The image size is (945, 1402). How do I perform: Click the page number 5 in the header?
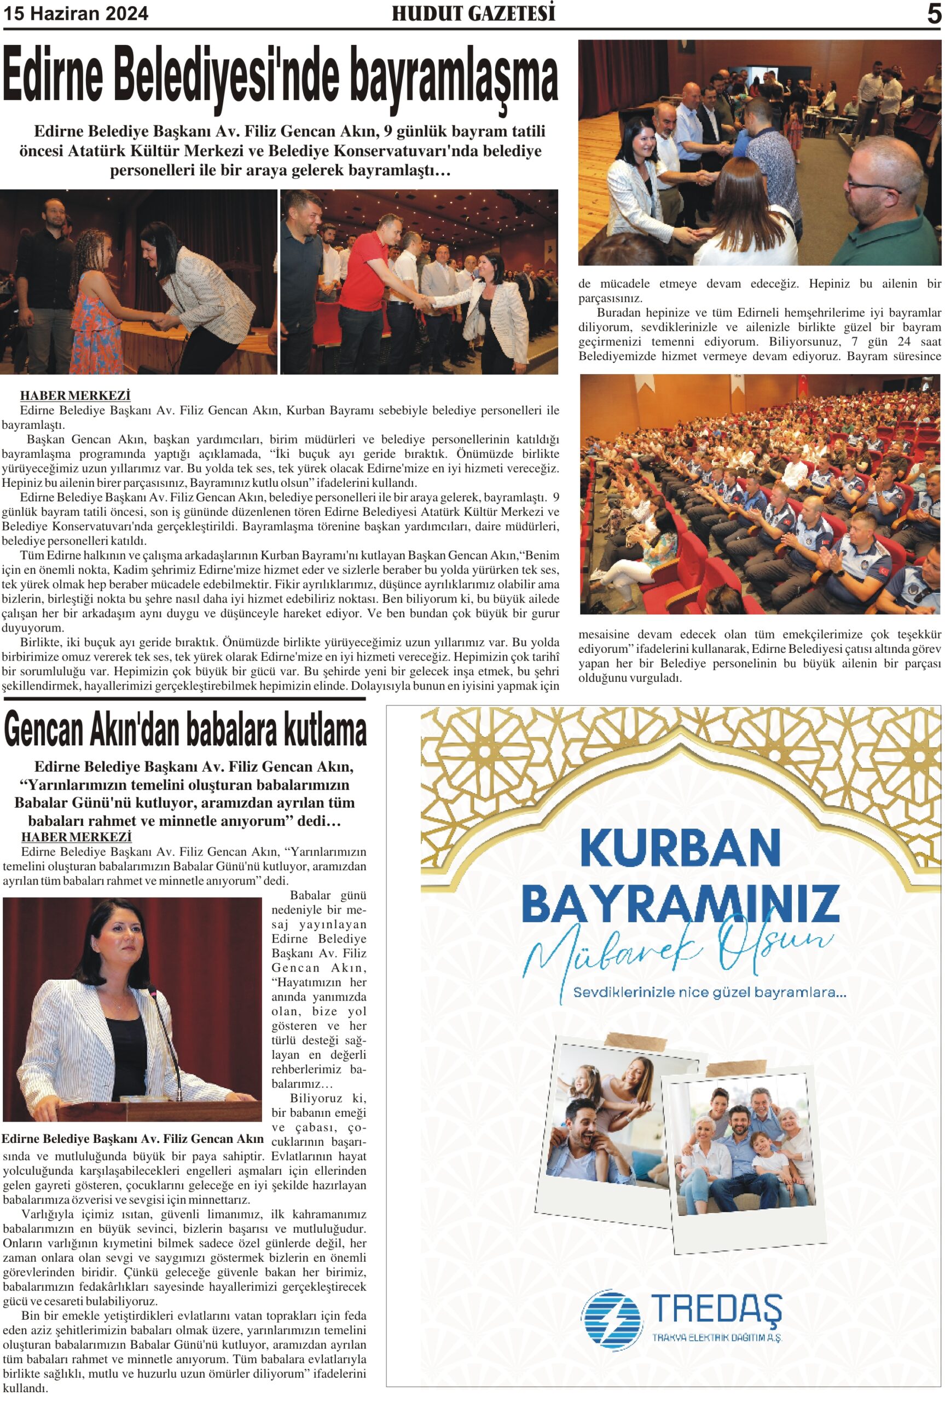pyautogui.click(x=933, y=14)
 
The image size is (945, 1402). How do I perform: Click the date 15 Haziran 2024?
pyautogui.click(x=76, y=14)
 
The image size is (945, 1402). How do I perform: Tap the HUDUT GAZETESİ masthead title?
pyautogui.click(x=473, y=13)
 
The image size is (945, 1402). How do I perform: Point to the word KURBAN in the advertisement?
pyautogui.click(x=680, y=848)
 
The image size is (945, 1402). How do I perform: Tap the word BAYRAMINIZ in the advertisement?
pyautogui.click(x=680, y=903)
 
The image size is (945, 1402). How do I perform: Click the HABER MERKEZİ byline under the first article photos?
pyautogui.click(x=76, y=395)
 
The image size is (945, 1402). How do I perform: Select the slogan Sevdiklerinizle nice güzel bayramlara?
pyautogui.click(x=709, y=992)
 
